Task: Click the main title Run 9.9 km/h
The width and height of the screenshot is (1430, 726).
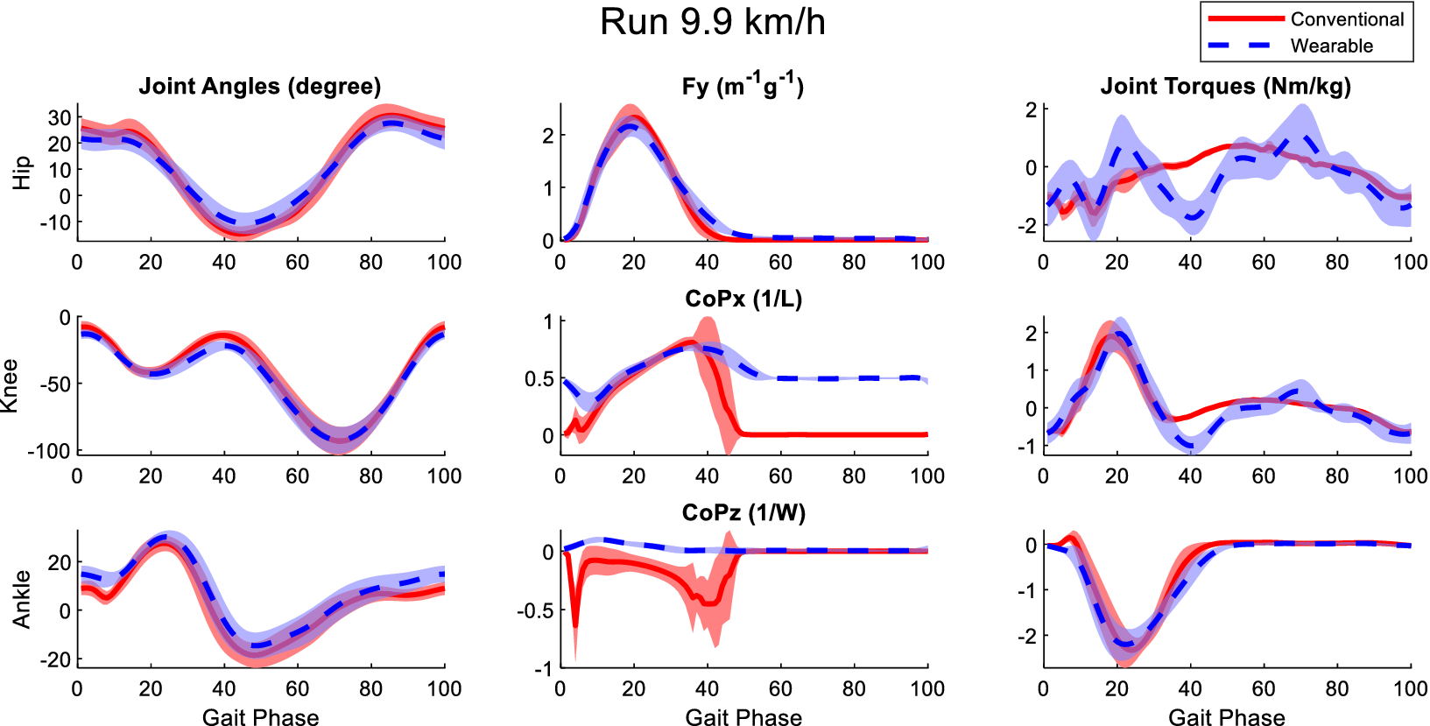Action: click(x=712, y=23)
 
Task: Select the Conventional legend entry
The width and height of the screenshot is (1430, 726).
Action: click(x=1346, y=19)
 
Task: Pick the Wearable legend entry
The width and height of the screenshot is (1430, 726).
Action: click(x=1331, y=46)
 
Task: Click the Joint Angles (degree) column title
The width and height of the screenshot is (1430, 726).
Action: click(x=260, y=87)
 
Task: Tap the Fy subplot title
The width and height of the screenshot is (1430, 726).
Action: click(x=743, y=86)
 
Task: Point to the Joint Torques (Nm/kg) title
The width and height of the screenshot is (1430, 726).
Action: click(x=1225, y=87)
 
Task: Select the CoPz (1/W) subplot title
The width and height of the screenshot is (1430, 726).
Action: click(x=743, y=512)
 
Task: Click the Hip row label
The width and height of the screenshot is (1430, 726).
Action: click(x=22, y=173)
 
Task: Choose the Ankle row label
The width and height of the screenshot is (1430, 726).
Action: click(x=22, y=599)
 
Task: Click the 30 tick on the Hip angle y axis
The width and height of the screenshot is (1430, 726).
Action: click(x=60, y=117)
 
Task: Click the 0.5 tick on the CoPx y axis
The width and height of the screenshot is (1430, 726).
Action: click(x=539, y=379)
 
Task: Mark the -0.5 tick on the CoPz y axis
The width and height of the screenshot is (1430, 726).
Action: click(x=535, y=610)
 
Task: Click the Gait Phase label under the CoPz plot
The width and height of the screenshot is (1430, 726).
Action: click(x=743, y=717)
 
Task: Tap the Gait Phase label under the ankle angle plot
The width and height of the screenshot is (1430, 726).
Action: click(x=260, y=717)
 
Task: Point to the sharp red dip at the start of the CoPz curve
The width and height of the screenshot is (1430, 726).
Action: click(x=575, y=628)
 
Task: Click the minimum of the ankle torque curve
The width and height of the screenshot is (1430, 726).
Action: click(x=1124, y=646)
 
